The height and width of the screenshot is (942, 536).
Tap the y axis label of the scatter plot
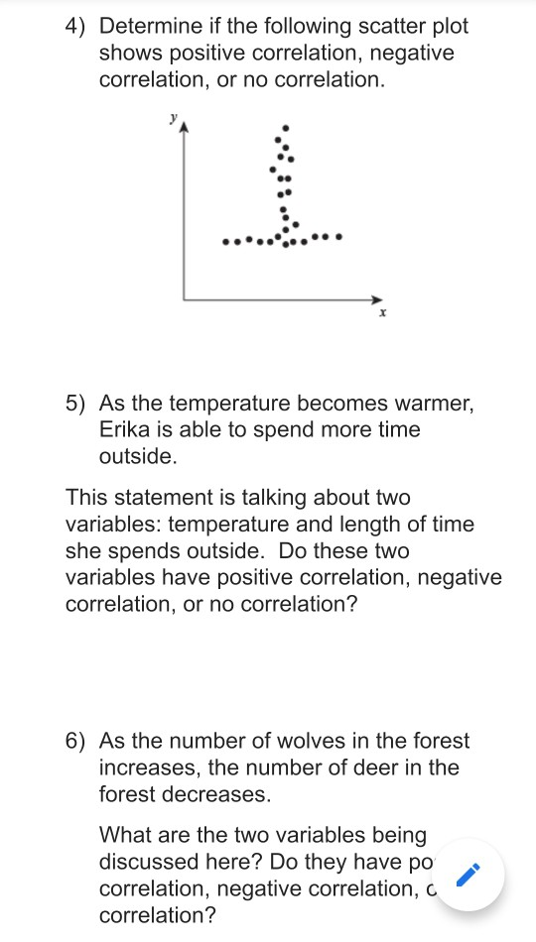(x=172, y=117)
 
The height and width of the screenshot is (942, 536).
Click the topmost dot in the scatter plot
(x=287, y=127)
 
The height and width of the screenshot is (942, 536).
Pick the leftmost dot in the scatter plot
(x=226, y=241)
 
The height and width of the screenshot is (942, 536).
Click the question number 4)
(x=77, y=27)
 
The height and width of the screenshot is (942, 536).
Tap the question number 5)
(x=77, y=404)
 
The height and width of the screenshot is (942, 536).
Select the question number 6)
(x=77, y=741)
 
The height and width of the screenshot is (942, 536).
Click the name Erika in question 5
(x=124, y=430)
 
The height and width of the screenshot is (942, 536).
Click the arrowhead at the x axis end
(x=376, y=298)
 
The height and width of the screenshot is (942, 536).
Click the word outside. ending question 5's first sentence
(x=138, y=457)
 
